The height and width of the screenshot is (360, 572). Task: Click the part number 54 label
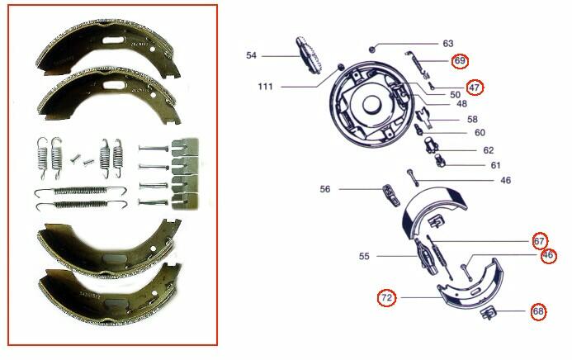tap(251, 56)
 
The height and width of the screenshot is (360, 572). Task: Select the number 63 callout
tap(448, 44)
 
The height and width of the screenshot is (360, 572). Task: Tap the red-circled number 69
tap(460, 60)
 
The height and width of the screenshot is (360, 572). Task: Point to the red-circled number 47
tap(475, 88)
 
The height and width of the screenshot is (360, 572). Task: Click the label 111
tap(265, 87)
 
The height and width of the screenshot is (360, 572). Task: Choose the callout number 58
tap(472, 119)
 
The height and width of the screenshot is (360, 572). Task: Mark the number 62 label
tap(489, 150)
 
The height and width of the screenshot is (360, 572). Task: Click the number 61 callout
tap(495, 166)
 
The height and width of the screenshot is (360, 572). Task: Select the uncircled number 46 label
tap(506, 180)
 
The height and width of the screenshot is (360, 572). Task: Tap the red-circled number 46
tap(547, 255)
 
